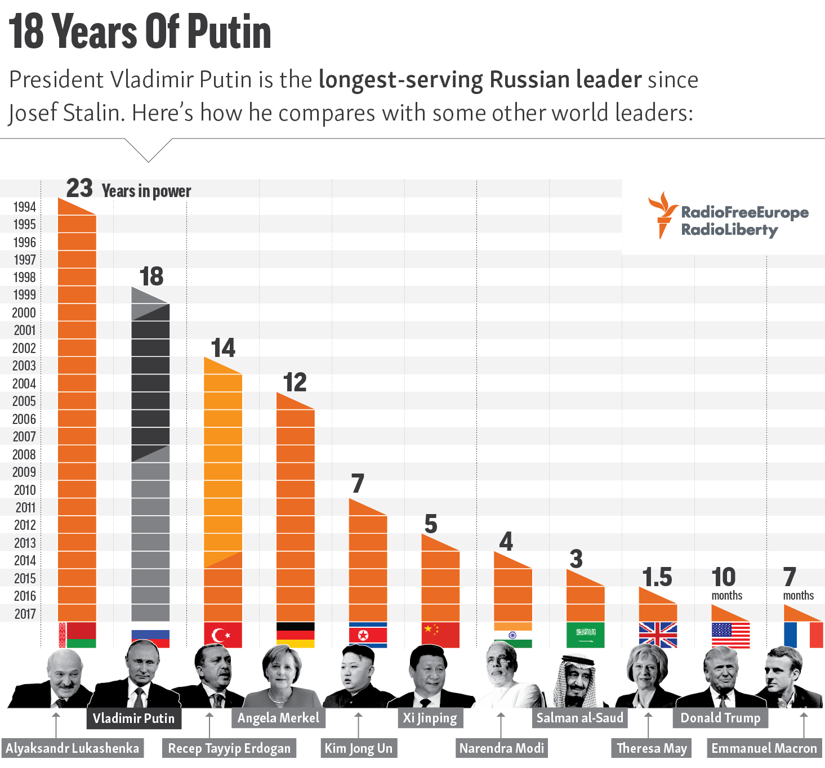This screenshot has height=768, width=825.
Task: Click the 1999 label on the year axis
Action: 25,294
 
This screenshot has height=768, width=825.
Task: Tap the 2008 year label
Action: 24,454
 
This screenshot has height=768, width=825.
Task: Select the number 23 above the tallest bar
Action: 79,188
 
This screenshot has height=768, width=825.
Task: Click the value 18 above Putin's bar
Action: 151,276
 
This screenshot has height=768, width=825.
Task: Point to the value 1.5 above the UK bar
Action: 657,577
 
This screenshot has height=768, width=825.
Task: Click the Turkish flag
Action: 223,635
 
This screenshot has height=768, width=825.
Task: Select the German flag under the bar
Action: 296,635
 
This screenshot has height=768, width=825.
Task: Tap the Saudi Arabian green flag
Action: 585,635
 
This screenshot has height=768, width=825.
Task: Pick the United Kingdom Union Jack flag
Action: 658,635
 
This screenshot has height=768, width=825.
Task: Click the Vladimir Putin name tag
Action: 133,718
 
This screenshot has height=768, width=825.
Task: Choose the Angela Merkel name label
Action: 278,718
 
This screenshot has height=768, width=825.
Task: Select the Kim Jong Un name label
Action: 359,748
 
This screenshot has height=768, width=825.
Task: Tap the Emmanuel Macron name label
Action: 764,748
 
